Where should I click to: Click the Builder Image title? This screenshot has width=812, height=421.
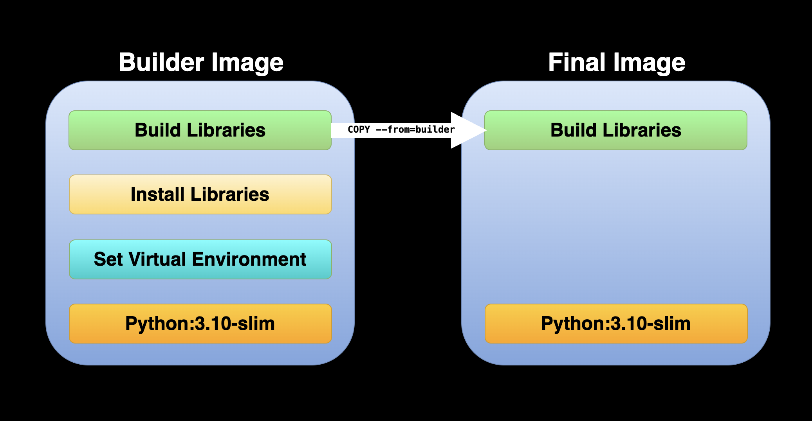click(x=201, y=63)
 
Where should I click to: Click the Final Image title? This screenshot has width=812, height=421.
click(x=617, y=63)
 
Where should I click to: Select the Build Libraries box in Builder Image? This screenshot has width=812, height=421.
click(x=200, y=130)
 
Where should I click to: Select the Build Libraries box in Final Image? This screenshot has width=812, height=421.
click(x=616, y=130)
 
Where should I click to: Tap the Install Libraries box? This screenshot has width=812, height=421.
click(x=200, y=194)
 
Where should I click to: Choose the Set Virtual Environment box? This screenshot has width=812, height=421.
click(x=200, y=259)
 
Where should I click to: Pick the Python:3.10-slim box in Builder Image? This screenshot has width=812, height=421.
click(x=200, y=324)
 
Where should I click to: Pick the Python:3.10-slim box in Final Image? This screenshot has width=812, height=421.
click(x=616, y=324)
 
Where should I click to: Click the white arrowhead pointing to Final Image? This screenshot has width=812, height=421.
click(x=468, y=130)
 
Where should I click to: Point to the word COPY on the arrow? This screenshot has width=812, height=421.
click(x=359, y=130)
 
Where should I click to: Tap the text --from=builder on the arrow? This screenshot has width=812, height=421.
click(x=415, y=130)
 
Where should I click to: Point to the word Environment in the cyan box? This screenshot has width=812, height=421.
click(x=249, y=259)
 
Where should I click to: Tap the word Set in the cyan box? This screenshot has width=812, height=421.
click(x=108, y=259)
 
